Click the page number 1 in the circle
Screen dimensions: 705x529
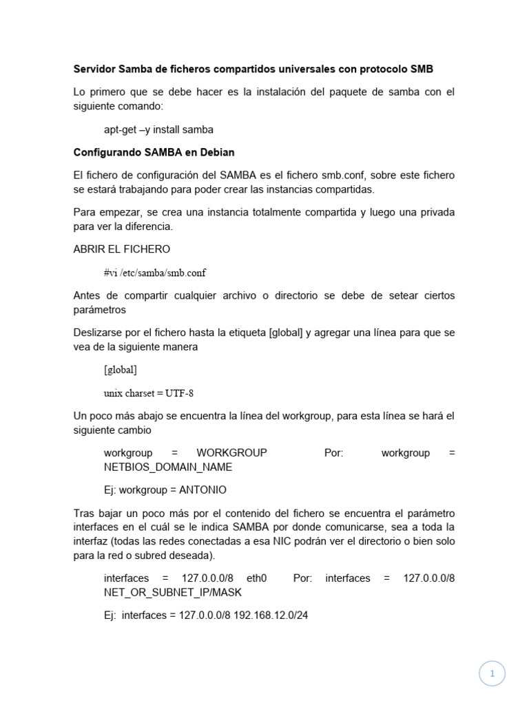(x=492, y=674)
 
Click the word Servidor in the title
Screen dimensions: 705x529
(x=94, y=69)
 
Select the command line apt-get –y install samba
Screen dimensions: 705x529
(x=158, y=129)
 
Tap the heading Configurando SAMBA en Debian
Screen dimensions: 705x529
(x=154, y=152)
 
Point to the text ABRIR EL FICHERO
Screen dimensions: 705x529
(x=122, y=249)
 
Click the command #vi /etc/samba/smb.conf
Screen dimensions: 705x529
(x=155, y=273)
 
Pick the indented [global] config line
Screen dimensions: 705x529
(x=121, y=370)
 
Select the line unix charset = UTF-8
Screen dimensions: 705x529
(x=149, y=393)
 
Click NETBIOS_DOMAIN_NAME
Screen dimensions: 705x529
(x=168, y=467)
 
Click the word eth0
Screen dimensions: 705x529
(x=256, y=578)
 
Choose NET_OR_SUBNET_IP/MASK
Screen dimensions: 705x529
(x=173, y=592)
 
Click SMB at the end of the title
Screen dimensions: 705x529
(x=422, y=69)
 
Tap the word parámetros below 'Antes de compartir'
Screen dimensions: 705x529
(x=100, y=310)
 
